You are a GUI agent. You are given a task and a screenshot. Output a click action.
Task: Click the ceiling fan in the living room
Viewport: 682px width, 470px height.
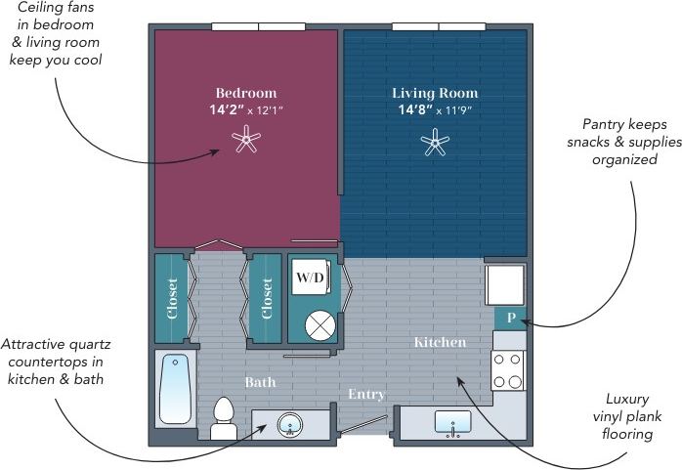(435, 145)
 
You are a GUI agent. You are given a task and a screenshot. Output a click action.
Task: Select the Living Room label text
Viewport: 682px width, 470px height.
(435, 93)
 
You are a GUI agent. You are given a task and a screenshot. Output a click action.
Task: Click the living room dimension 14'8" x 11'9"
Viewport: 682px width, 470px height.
(435, 109)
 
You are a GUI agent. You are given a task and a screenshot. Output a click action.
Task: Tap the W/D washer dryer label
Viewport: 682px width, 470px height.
(310, 278)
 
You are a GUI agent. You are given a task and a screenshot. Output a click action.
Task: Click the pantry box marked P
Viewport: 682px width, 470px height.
(510, 319)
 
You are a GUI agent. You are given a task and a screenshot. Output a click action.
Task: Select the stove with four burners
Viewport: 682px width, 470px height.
(509, 370)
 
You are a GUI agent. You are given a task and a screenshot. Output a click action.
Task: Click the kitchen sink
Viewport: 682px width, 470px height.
(451, 425)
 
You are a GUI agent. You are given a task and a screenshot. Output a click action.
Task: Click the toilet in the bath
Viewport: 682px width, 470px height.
(224, 418)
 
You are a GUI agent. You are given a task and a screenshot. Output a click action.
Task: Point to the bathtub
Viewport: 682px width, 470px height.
(177, 388)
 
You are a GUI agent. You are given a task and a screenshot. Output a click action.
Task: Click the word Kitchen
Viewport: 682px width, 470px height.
(440, 343)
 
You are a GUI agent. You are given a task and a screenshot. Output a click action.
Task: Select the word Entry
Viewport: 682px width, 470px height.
(367, 395)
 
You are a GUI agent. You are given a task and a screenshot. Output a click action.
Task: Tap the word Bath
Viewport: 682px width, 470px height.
(260, 382)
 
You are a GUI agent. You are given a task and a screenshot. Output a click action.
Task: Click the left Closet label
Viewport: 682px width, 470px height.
(172, 299)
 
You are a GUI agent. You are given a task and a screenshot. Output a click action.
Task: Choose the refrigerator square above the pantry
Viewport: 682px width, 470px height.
(506, 284)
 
